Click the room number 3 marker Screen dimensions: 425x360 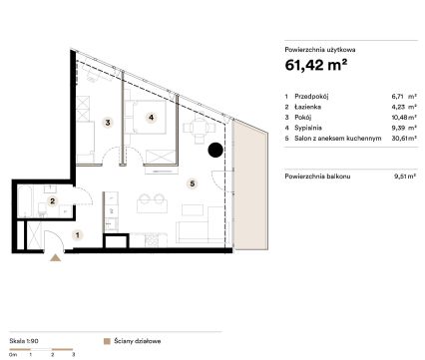pos(108,123)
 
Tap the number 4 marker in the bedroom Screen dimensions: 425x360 pos(152,118)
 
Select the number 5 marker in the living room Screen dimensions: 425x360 pos(193,183)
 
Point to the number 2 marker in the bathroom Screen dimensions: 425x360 pos(52,201)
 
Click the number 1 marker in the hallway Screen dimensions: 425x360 pos(78,235)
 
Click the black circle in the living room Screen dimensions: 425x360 pos(215,150)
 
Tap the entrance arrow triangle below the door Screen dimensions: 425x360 pos(56,258)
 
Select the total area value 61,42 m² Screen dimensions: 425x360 pos(316,65)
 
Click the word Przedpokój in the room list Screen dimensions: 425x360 pos(311,97)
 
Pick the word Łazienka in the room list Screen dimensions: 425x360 pos(307,107)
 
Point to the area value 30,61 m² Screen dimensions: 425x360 pos(404,139)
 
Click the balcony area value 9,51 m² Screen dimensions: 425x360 pos(405,177)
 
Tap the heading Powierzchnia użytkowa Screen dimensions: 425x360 pos(320,50)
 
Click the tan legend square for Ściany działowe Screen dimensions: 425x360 pos(107,341)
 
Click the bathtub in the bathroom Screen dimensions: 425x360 pos(25,201)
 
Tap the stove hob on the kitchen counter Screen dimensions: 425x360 pos(152,240)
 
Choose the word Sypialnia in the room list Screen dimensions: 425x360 pos(308,128)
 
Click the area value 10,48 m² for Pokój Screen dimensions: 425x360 pos(404,118)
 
